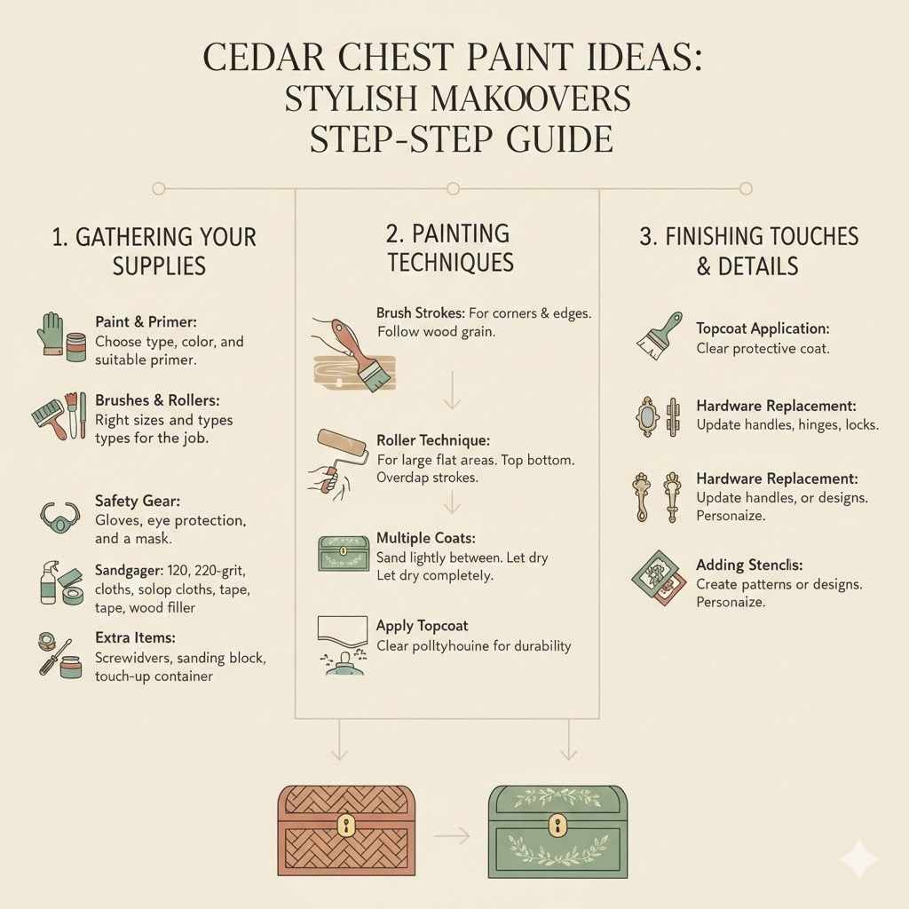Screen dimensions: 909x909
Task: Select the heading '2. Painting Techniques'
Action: click(x=449, y=248)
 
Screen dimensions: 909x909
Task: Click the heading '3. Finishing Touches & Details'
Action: click(x=748, y=251)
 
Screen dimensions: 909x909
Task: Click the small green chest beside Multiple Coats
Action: click(x=343, y=554)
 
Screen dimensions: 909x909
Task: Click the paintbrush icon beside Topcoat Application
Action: click(x=659, y=335)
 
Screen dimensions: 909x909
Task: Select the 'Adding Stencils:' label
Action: click(x=749, y=565)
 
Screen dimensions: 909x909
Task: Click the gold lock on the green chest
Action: click(x=557, y=826)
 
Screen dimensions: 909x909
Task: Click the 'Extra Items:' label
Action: click(x=135, y=638)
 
